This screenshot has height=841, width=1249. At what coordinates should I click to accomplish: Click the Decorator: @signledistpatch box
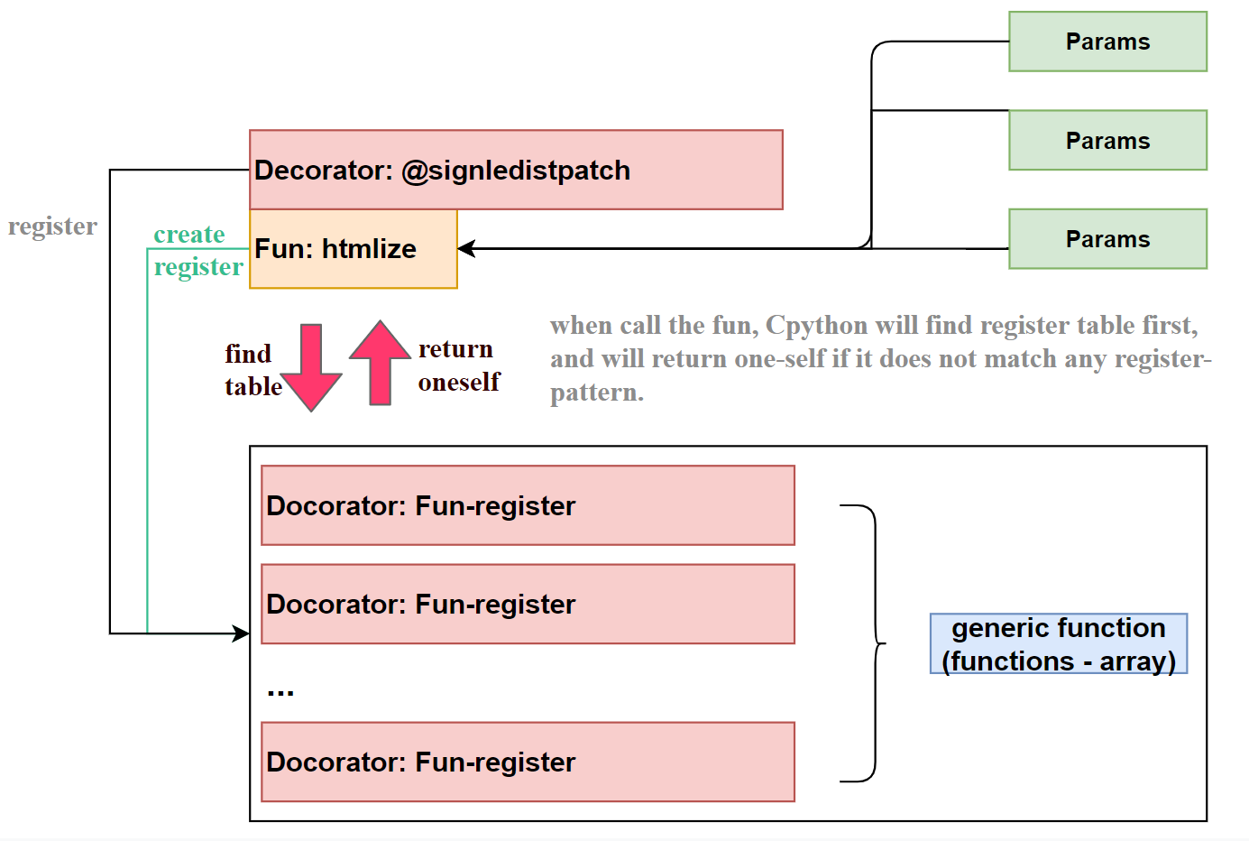(x=516, y=170)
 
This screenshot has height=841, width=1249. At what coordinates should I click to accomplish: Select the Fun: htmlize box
(x=353, y=249)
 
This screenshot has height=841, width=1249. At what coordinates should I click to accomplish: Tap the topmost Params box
(x=1107, y=42)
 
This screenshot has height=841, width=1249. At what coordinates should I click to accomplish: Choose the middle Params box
(x=1107, y=140)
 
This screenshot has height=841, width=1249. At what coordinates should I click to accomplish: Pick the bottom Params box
(x=1107, y=239)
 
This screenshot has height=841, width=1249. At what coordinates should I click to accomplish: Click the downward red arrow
(x=311, y=367)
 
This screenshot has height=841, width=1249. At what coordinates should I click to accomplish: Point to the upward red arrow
(x=381, y=363)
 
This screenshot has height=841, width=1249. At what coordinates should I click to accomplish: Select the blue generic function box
(x=1059, y=643)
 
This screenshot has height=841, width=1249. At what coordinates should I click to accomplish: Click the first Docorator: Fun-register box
(x=528, y=505)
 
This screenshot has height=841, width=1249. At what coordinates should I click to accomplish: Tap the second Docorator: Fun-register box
(x=528, y=604)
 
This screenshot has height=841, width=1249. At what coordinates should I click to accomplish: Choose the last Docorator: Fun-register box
(x=528, y=762)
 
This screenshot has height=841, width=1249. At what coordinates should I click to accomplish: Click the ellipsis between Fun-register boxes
(x=280, y=693)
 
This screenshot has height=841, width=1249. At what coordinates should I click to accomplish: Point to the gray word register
(x=52, y=226)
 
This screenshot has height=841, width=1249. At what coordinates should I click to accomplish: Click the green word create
(x=189, y=234)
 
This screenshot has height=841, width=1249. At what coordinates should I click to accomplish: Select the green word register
(x=198, y=267)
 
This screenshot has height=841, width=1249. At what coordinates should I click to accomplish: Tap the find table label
(x=253, y=370)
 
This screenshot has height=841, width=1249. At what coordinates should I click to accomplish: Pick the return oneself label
(x=459, y=365)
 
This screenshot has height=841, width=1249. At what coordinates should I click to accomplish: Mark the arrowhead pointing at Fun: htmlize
(x=466, y=248)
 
